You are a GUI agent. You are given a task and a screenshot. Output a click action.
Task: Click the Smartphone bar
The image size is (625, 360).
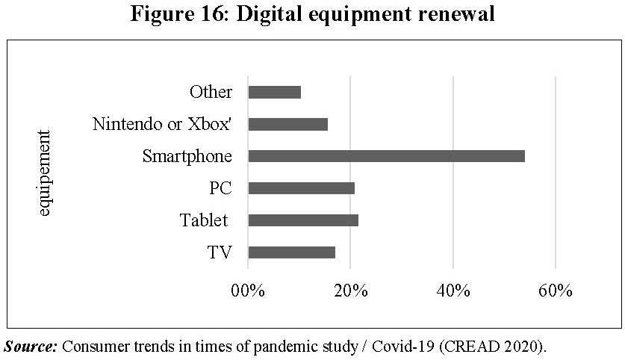[386, 156]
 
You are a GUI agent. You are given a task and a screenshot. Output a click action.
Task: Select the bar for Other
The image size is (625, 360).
[274, 92]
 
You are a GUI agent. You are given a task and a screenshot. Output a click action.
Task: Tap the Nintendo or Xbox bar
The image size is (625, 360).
[287, 124]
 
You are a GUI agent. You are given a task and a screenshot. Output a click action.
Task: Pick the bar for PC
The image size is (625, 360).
[301, 188]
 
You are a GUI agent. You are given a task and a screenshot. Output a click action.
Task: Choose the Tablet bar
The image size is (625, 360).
[302, 220]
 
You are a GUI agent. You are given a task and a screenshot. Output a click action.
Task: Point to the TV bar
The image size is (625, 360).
[291, 252]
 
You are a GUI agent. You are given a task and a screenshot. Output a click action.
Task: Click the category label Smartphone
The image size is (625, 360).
[187, 156]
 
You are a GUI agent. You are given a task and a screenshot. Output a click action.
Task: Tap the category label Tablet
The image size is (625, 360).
[203, 220]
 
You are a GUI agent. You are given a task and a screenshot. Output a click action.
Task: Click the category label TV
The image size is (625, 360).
[219, 252]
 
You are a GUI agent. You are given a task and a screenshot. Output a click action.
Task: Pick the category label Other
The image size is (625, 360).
[211, 92]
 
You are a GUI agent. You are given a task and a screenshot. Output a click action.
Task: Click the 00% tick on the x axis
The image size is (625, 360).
[247, 290]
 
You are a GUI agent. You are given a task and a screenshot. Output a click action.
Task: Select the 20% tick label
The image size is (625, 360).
[350, 290]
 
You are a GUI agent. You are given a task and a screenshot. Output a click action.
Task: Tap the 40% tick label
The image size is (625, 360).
[453, 290]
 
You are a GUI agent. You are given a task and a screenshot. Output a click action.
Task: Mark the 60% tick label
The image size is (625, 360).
[556, 290]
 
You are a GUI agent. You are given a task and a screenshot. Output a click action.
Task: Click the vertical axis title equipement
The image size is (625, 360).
[44, 173]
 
